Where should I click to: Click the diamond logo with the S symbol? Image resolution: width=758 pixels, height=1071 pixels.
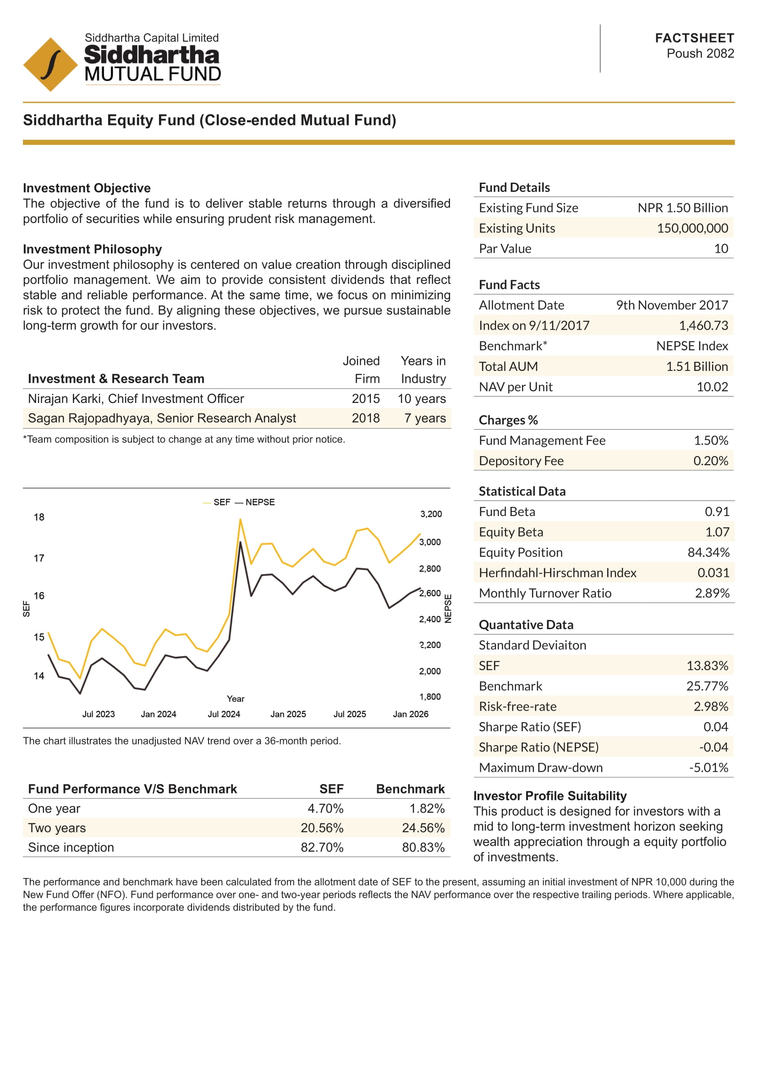click(50, 65)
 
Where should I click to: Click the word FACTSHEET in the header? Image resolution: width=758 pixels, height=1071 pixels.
click(694, 38)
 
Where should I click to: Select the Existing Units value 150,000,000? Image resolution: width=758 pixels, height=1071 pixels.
click(692, 228)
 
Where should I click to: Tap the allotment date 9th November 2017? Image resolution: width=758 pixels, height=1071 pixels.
click(672, 305)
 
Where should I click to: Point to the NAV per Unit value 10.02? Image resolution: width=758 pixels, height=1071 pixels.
click(712, 387)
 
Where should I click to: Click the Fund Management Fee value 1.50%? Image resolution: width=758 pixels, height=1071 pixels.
click(710, 440)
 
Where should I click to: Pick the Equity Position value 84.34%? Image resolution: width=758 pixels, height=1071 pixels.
click(708, 552)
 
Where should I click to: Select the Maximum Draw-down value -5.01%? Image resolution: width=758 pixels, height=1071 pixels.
click(708, 767)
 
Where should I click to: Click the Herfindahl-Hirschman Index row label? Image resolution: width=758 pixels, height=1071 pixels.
click(557, 573)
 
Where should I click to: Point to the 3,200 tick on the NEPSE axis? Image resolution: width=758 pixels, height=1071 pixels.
click(431, 514)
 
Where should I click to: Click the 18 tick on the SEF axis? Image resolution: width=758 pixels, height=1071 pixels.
click(39, 517)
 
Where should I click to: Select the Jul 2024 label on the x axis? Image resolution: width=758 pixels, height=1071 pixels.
click(224, 714)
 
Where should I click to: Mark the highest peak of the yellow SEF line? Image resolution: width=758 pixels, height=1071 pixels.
click(241, 520)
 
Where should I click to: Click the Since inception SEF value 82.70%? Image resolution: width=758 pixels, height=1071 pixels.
click(322, 848)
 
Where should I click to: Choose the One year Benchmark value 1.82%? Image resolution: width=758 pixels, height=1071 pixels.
click(427, 808)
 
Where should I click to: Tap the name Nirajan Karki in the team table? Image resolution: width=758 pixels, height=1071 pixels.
click(66, 399)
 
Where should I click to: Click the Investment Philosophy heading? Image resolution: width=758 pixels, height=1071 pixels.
click(93, 249)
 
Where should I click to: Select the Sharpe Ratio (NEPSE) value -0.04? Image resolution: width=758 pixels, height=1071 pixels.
click(713, 747)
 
